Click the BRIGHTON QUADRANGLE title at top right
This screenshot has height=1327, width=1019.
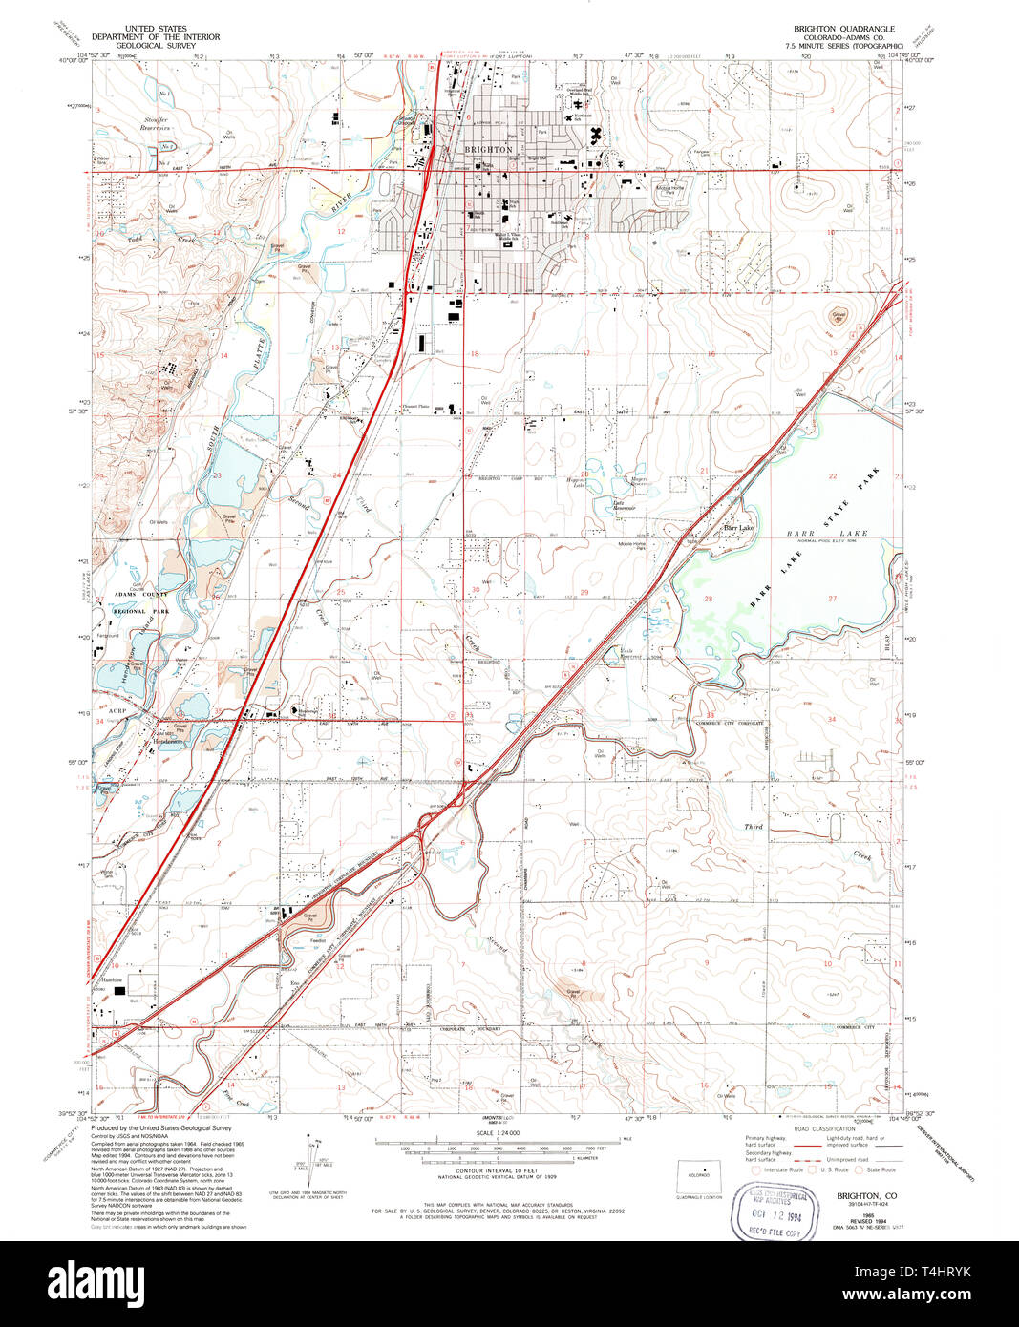(843, 29)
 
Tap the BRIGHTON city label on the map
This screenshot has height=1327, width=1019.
(488, 150)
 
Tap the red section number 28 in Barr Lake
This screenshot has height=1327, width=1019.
(708, 599)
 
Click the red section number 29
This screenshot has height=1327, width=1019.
(584, 593)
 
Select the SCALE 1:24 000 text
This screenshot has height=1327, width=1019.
(496, 1132)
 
